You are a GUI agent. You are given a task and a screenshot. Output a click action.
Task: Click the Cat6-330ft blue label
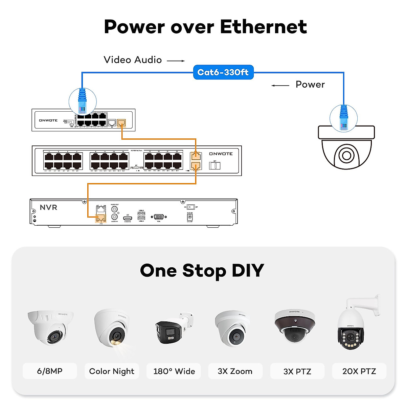coord(223,72)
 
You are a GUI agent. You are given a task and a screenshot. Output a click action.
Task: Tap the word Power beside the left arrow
coord(310,85)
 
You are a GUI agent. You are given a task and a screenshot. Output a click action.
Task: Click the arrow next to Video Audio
coord(176,61)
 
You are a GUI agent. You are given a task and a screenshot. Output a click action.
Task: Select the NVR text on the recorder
coord(48,207)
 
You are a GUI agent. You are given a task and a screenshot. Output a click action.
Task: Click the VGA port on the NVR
coord(159,217)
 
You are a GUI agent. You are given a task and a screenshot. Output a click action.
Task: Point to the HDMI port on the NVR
coord(128,219)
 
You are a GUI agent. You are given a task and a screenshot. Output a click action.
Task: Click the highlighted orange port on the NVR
coord(100,218)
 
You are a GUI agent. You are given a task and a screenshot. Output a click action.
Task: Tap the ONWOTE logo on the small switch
coord(48,120)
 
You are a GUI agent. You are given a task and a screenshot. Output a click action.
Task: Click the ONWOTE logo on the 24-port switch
coord(221,154)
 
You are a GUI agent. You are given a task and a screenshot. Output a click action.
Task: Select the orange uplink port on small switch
coord(121,122)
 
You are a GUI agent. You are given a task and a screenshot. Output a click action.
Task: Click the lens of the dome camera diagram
coord(346,156)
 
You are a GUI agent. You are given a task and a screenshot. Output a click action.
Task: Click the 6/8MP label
coord(50,371)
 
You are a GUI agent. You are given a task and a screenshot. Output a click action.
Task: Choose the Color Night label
coord(112,371)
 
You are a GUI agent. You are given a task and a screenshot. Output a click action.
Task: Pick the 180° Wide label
coord(174,371)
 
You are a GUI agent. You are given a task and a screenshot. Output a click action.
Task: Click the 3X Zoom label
coord(235,371)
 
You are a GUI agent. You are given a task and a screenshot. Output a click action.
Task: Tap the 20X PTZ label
coord(359,371)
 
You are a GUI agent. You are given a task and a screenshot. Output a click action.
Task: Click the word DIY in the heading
coord(248,271)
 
